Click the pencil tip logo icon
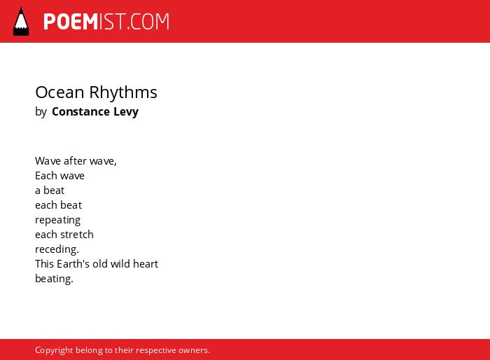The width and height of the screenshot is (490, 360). (x=21, y=22)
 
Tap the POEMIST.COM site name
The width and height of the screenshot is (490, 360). (x=106, y=22)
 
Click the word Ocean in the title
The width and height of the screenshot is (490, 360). (x=60, y=92)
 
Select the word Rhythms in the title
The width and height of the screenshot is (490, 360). (x=123, y=92)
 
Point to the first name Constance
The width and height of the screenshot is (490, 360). (x=80, y=111)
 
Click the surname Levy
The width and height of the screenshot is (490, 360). (x=126, y=112)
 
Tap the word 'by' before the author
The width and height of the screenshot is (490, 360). (x=41, y=112)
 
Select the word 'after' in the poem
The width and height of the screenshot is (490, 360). (x=75, y=161)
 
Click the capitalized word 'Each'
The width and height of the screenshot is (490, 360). (x=46, y=176)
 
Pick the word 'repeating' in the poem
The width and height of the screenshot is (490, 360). (x=58, y=220)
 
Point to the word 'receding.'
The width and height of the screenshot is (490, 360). (x=57, y=249)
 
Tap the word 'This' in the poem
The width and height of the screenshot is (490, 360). (x=44, y=263)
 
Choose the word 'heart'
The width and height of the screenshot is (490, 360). (x=146, y=263)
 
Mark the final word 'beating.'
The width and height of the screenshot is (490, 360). (x=54, y=278)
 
